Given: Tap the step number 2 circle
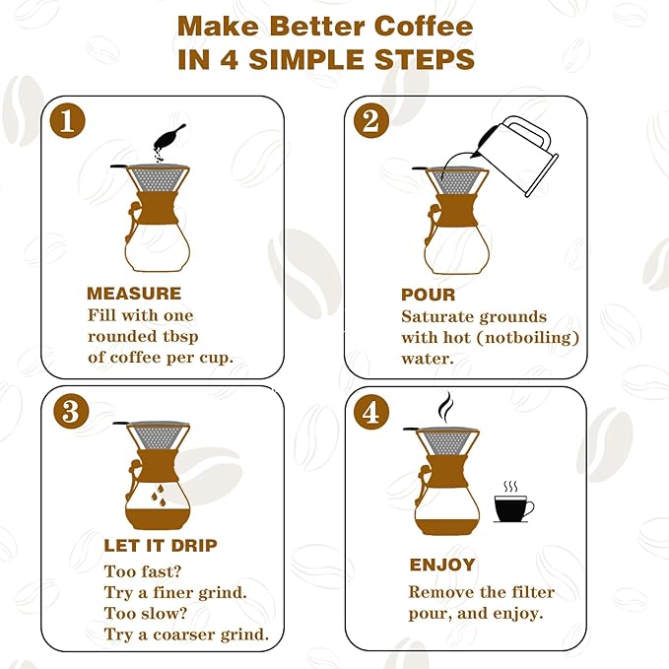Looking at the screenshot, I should pos(370,121).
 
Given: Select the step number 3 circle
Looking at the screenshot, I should pos(69,411).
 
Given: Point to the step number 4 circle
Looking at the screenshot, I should pos(370,412).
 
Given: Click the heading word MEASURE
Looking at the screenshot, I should pos(134,293).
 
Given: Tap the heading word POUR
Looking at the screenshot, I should pos(428,294).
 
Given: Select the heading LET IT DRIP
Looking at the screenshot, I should pos(161,545).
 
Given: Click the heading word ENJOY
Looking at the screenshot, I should pos(442,566).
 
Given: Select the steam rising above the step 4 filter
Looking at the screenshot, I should pos(445,405).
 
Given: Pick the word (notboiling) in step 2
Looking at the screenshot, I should pos(530,337).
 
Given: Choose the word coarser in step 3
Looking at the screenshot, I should pos(185,634).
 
